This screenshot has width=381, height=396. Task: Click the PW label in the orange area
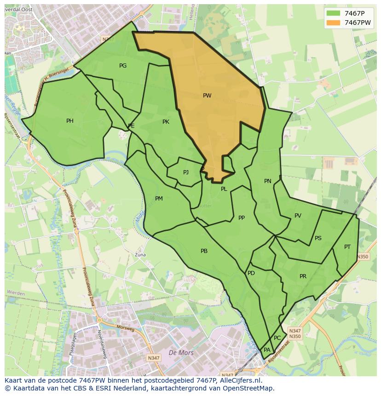click(x=207, y=96)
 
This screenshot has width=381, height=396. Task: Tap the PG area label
click(x=123, y=66)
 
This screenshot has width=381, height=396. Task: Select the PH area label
click(x=69, y=121)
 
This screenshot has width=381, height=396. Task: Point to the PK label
click(x=166, y=122)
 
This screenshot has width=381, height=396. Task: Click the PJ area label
click(x=186, y=172)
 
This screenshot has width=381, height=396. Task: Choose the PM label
click(x=159, y=199)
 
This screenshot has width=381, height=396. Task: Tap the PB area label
click(x=204, y=251)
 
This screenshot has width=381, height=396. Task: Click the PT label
click(x=347, y=247)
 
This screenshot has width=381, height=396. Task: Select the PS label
click(x=318, y=238)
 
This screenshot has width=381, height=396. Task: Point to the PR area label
click(x=303, y=276)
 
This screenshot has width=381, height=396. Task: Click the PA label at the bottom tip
click(x=267, y=350)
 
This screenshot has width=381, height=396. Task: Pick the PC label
click(x=277, y=338)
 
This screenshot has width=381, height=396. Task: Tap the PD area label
click(x=251, y=273)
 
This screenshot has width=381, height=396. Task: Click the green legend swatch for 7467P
click(x=334, y=13)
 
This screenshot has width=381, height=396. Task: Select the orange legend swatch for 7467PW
click(x=334, y=23)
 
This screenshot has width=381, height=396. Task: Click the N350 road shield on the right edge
click(x=363, y=257)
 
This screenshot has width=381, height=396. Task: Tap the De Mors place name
click(x=181, y=353)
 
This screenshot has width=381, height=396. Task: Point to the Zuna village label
click(x=140, y=254)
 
